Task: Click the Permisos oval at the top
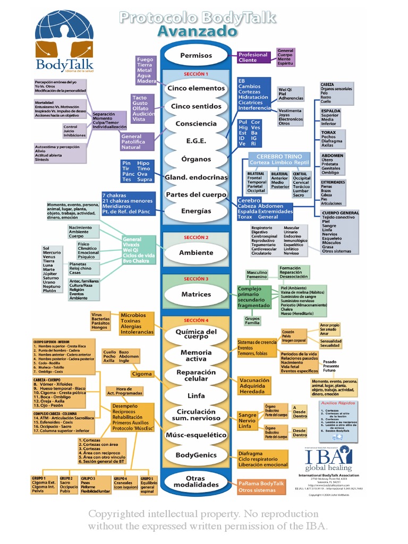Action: click(x=196, y=55)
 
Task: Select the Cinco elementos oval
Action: click(x=196, y=88)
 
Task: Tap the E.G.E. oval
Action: click(x=196, y=141)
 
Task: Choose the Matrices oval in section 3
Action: click(x=196, y=294)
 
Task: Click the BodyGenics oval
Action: click(x=196, y=455)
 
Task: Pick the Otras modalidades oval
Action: click(x=196, y=481)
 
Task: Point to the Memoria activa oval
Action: click(x=196, y=355)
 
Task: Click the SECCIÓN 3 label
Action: click(x=196, y=278)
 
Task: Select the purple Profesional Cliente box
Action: click(x=253, y=57)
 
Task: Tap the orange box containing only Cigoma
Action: click(x=142, y=374)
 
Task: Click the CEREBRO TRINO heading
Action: click(x=279, y=157)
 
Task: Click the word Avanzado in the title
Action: click(x=197, y=32)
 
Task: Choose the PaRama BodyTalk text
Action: click(x=261, y=483)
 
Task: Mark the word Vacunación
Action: click(x=254, y=380)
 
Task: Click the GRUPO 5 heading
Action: click(x=147, y=478)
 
